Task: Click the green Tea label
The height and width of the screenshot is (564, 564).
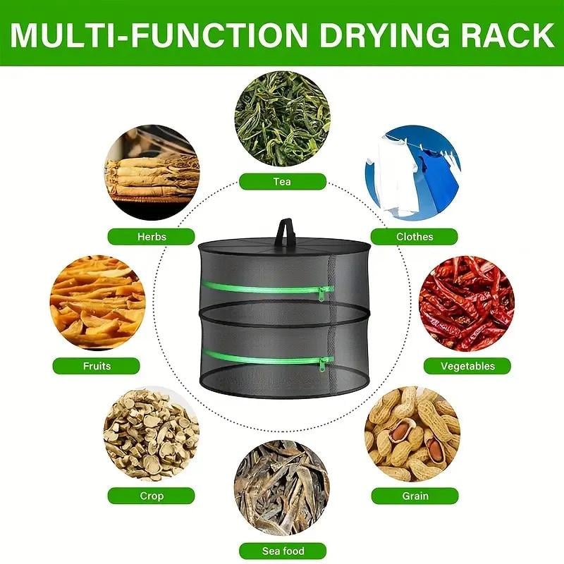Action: point(283,182)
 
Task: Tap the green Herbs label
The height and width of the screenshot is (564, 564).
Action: point(152,237)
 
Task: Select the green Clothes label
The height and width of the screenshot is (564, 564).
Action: point(415,237)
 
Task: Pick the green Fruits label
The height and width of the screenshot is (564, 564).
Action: point(97,366)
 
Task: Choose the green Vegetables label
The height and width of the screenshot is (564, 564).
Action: point(467,366)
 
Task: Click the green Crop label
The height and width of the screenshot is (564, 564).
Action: point(152,496)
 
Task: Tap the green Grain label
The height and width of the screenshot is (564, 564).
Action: point(415,496)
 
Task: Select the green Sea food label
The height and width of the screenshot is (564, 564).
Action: point(283,551)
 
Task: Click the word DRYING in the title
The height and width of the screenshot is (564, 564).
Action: point(384,35)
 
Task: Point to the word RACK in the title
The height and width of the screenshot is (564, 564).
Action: point(508,35)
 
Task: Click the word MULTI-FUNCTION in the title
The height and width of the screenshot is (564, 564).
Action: point(159,35)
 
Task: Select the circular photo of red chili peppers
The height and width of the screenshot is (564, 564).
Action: point(467,303)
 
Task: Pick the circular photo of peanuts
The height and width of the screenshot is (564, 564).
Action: point(412,434)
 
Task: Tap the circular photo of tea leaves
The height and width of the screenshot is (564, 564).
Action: point(283,118)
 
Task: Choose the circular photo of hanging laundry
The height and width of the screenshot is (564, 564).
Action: point(412,173)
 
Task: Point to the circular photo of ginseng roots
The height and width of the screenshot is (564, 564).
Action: point(152,173)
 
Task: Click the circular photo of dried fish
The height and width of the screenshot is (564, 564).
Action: point(282,487)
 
